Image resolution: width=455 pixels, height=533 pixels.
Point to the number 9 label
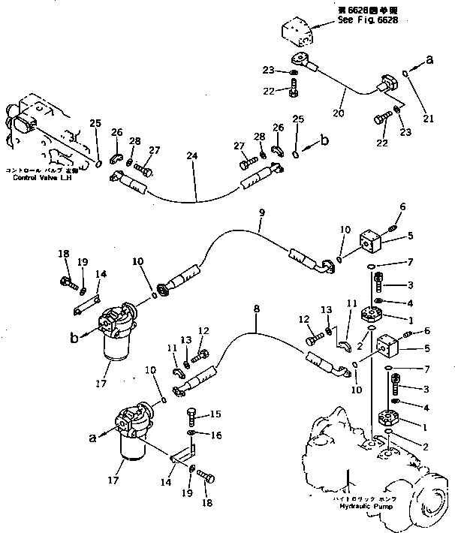261,213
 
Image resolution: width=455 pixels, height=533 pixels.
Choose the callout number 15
215,413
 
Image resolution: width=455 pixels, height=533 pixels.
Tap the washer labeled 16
192,433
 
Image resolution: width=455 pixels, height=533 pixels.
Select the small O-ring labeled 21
405,74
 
